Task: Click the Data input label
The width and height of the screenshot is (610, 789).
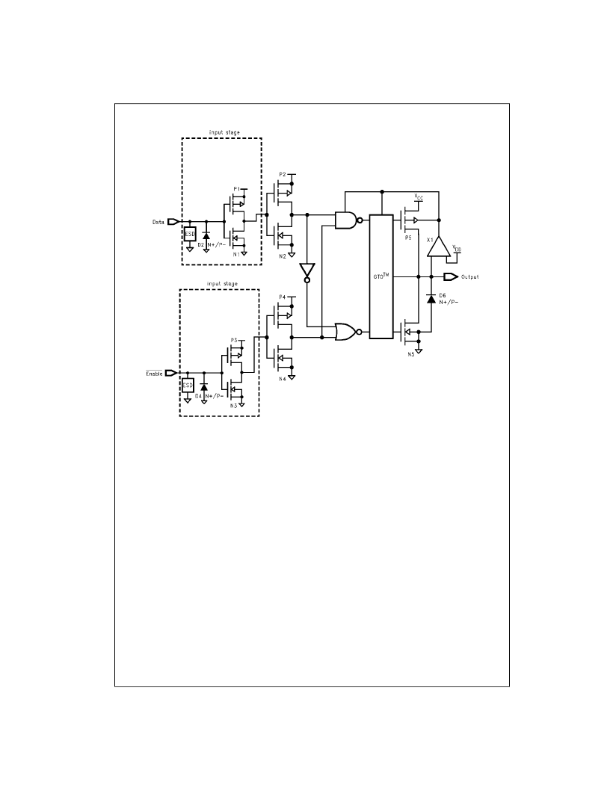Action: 158,222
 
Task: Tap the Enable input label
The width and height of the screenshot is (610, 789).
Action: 155,374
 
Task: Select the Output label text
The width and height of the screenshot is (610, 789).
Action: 470,277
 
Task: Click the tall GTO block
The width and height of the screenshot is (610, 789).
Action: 381,276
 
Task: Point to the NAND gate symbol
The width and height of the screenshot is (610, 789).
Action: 348,220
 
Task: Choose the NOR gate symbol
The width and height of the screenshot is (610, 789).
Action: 348,332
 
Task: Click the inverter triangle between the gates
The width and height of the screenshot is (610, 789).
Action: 306,272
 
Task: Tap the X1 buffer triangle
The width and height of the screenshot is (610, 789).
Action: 439,247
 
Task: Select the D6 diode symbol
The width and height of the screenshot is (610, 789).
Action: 431,298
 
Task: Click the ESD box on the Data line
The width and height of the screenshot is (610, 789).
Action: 190,234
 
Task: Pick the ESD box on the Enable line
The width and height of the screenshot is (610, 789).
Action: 187,386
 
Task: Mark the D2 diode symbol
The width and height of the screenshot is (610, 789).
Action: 206,235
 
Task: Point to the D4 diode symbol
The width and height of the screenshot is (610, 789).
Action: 204,387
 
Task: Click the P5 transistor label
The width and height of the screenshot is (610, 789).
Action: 408,238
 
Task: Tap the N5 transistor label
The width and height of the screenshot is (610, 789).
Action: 410,354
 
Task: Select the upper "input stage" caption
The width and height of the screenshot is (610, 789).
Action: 224,132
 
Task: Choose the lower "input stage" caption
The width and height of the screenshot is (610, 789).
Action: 222,284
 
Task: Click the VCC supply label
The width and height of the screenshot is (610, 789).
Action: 419,197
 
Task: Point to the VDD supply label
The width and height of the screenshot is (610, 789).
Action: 457,248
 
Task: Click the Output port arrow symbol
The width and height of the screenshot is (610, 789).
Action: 451,277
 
